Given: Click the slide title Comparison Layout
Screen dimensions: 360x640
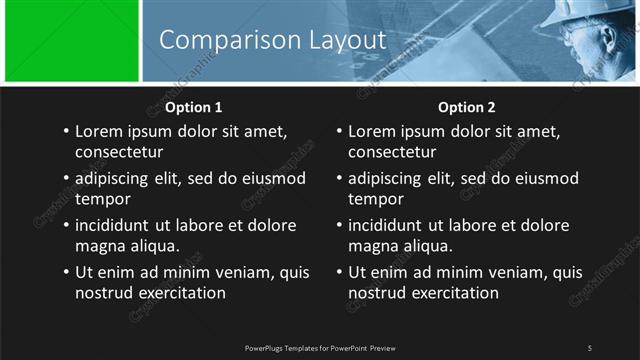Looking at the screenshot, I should (x=272, y=40).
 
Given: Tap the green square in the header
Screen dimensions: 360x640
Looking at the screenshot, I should (x=71, y=41).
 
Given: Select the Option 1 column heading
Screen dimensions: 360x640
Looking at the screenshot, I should (x=193, y=107).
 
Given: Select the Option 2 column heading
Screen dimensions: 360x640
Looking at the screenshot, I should (x=466, y=107).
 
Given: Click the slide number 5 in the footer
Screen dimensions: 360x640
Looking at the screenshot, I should (x=589, y=347).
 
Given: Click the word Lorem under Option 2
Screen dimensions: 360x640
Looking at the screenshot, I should (x=372, y=131).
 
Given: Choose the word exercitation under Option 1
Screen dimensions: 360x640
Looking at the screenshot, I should (x=180, y=293).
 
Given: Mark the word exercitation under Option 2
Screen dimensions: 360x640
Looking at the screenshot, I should (x=453, y=293).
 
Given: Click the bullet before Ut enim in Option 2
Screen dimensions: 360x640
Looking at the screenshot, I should (x=340, y=272).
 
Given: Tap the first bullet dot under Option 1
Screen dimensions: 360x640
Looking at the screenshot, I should (x=66, y=131).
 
